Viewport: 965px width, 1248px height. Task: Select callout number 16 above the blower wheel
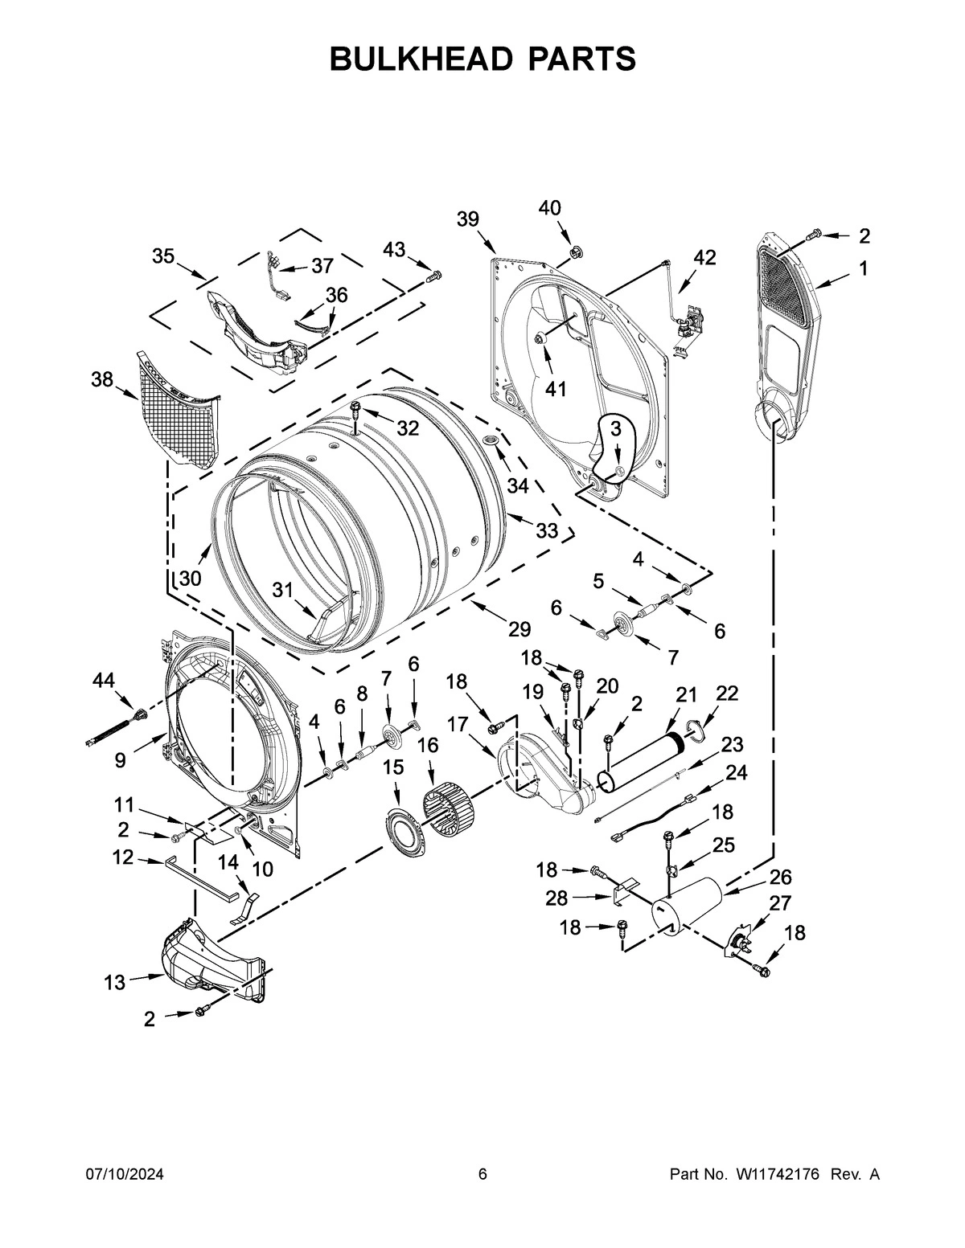(428, 745)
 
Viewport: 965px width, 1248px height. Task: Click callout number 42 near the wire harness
(704, 257)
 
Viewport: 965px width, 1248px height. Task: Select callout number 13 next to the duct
(115, 981)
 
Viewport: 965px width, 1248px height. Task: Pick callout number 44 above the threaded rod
(103, 681)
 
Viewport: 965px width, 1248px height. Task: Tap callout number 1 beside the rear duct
(863, 269)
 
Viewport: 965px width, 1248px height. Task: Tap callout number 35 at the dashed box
(163, 256)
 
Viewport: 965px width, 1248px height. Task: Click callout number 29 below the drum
(519, 629)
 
